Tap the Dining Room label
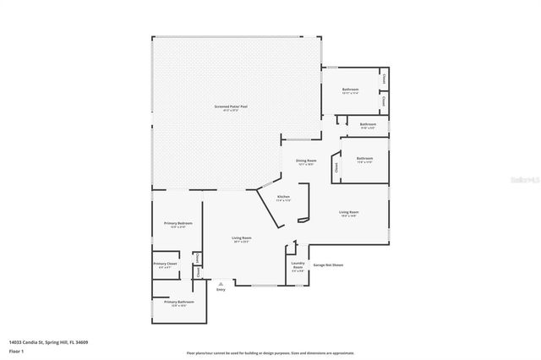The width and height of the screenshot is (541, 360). click(x=306, y=161)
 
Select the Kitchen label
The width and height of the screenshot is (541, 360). click(x=283, y=196)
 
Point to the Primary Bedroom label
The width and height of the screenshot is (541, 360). click(x=178, y=223)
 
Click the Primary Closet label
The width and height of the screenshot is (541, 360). click(x=165, y=264)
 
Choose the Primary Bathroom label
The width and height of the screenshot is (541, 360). click(x=178, y=302)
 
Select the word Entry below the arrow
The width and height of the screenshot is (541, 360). click(x=221, y=290)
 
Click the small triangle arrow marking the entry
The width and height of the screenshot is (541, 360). click(x=221, y=284)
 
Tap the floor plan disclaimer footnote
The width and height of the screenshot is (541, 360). click(x=270, y=352)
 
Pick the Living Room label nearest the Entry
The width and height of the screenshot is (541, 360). click(x=242, y=237)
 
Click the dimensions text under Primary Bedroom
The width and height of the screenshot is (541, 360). click(x=178, y=227)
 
